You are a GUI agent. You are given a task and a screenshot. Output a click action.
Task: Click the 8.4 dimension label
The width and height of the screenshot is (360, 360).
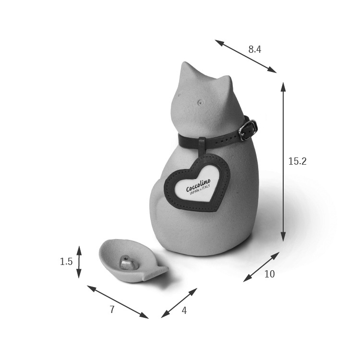point(254,49)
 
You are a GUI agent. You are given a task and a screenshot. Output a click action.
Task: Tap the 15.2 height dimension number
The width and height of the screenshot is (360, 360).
point(297,161)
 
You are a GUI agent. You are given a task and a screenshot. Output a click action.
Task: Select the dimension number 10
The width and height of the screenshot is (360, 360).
point(270,274)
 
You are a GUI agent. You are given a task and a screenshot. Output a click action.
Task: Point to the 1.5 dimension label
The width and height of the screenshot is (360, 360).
point(66,262)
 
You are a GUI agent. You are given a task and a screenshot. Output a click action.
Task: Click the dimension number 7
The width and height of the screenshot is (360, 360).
point(112,310)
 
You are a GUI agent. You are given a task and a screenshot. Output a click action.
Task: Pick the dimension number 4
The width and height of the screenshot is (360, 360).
point(184,311)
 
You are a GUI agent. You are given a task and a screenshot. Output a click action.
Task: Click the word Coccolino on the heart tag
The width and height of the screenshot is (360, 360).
point(198,185)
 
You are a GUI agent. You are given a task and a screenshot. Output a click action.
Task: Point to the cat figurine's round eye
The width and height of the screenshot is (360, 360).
point(201,102)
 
